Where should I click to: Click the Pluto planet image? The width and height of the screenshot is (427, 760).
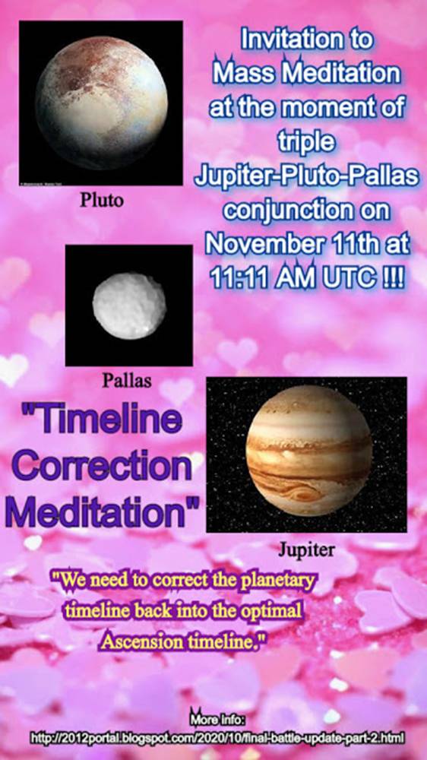coord(101,103)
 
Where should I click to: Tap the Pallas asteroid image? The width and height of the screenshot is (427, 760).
coord(129,306)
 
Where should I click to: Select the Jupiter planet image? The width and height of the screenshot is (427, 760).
coord(307,454)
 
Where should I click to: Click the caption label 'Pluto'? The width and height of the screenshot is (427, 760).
coord(102,200)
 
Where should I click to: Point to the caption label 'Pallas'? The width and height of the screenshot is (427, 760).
coord(126,381)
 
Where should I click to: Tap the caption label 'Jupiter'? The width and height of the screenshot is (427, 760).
coord(306,549)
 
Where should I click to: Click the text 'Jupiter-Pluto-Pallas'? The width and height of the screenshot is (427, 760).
coord(306,177)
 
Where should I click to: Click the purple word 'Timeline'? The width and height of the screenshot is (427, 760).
coord(103,420)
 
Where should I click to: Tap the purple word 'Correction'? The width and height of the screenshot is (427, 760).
coord(102,467)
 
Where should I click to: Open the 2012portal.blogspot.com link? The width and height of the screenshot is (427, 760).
coord(217,738)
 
